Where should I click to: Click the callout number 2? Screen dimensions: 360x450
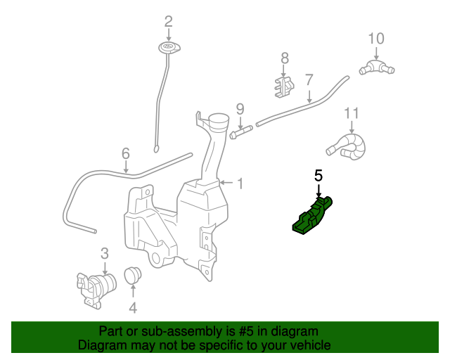pyautogui.click(x=168, y=21)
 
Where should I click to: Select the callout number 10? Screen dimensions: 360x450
pyautogui.click(x=376, y=38)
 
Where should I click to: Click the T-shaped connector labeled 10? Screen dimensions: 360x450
pyautogui.click(x=376, y=67)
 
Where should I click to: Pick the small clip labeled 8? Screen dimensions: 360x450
pyautogui.click(x=283, y=86)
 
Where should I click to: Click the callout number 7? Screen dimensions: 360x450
pyautogui.click(x=309, y=79)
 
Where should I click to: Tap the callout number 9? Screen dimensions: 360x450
pyautogui.click(x=240, y=108)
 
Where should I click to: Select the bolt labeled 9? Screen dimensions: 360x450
pyautogui.click(x=240, y=130)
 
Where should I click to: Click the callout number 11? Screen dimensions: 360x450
pyautogui.click(x=352, y=112)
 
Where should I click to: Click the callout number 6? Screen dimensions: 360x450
pyautogui.click(x=126, y=153)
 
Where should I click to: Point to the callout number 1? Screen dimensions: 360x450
pyautogui.click(x=240, y=184)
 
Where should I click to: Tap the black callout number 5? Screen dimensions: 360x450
pyautogui.click(x=319, y=176)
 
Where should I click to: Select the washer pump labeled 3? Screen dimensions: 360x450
pyautogui.click(x=96, y=287)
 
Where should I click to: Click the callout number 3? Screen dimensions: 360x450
pyautogui.click(x=104, y=253)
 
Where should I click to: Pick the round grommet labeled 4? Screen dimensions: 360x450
pyautogui.click(x=133, y=275)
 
